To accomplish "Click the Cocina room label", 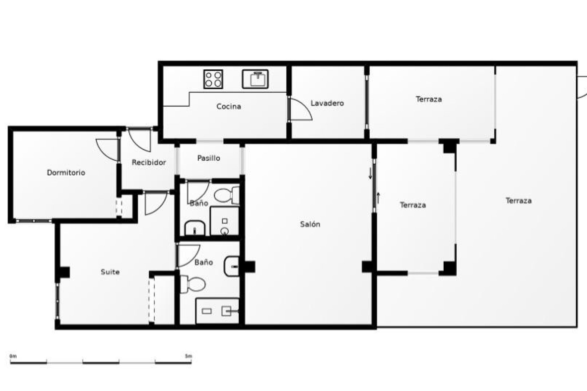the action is tap(229, 107).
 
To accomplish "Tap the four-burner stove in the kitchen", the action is tap(213, 79).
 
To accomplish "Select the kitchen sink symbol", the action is tap(255, 79).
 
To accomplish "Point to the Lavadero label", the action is tap(327, 103).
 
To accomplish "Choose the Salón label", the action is tap(310, 224).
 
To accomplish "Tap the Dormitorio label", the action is tap(66, 173).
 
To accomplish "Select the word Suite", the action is tap(110, 272).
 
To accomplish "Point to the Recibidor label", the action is tap(149, 163).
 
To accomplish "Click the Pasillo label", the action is tap(209, 158).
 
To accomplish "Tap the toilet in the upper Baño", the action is tap(227, 195).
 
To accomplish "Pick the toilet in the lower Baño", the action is tap(192, 284).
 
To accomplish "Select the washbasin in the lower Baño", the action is tap(231, 266).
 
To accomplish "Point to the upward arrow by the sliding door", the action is tap(378, 198).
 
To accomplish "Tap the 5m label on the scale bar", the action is tap(189, 356).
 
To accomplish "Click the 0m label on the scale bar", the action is tap(13, 356).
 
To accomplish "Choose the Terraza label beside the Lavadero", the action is tap(429, 99).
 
